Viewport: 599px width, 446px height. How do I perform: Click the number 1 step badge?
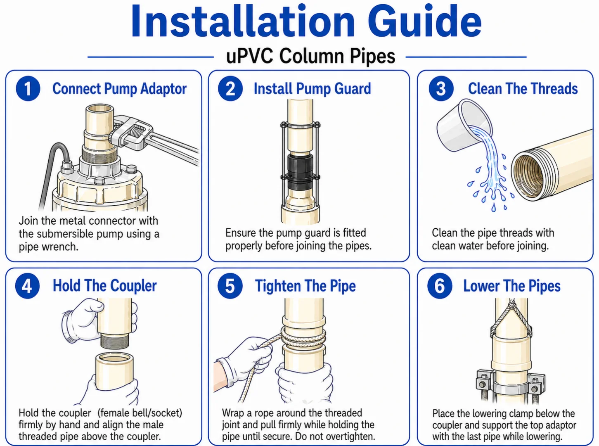coord(28,89)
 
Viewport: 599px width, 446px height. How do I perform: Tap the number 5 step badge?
coord(230,286)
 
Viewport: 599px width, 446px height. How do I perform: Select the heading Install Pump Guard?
coord(312,89)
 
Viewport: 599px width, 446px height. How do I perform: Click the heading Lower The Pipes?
coord(512,286)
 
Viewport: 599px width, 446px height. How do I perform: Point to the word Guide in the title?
coord(424,21)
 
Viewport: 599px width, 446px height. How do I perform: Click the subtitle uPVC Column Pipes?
coord(310,56)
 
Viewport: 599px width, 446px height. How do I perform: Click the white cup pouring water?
coord(464,125)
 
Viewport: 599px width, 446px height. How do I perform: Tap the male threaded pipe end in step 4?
coord(114,341)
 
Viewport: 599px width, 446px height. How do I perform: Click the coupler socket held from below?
coord(115,371)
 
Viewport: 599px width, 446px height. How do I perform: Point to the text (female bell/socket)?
coord(140,413)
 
